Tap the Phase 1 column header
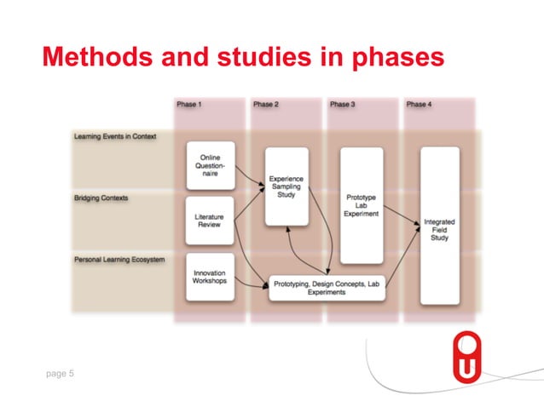189,104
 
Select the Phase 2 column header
266,104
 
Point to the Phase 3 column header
342,104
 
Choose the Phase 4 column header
418,104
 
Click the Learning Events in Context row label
114,136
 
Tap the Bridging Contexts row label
101,198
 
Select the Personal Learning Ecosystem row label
119,258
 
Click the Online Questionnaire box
210,165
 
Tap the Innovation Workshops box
210,278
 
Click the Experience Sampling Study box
286,186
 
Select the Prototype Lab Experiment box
362,205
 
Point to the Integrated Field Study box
439,226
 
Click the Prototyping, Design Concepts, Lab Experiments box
327,289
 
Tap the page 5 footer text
60,372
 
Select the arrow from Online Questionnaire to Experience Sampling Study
249,175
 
